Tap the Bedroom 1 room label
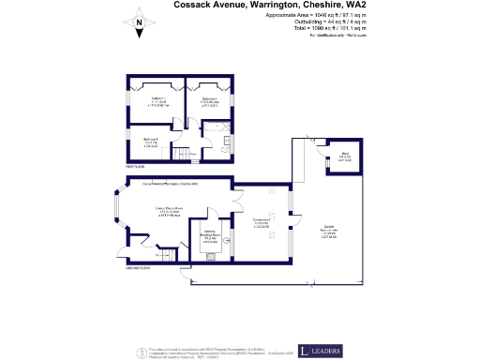(158, 100)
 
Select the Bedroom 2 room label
(209, 100)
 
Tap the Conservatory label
(262, 223)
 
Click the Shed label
(345, 157)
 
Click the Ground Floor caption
(139, 267)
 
